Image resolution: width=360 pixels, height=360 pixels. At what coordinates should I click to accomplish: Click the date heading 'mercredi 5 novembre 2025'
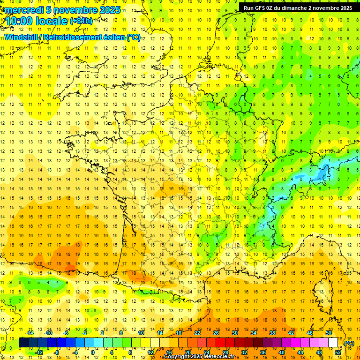pos(63,10)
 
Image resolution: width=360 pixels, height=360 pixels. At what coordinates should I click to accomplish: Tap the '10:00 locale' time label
pos(37,21)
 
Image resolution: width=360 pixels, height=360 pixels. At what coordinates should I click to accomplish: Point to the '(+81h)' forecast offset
pos(81,21)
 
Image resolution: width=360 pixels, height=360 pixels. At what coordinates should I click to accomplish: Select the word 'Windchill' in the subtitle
pos(22,37)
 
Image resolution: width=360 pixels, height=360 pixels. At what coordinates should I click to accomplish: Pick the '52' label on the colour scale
pos(338,352)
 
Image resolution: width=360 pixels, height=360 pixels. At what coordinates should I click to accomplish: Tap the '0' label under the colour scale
pos(93,352)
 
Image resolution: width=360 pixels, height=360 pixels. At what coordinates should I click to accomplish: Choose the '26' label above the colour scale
pos(216,333)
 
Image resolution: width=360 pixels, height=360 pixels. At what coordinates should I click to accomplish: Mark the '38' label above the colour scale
pos(272,333)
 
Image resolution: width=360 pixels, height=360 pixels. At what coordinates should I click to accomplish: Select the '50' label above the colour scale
pos(329,333)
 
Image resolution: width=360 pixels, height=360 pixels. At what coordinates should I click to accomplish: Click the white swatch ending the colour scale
pos(333,343)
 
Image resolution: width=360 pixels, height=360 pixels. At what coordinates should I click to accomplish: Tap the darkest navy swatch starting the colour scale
pos(24,343)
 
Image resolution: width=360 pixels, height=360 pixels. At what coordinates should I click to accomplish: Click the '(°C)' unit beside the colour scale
pos(349,343)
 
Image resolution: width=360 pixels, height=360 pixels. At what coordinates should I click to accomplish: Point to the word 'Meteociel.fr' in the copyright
pos(222,357)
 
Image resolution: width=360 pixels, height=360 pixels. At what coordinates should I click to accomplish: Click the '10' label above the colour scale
pos(141,333)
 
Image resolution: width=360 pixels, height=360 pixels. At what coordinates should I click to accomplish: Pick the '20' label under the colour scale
pos(188,352)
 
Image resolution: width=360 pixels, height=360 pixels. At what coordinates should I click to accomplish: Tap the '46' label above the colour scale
pos(310,333)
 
